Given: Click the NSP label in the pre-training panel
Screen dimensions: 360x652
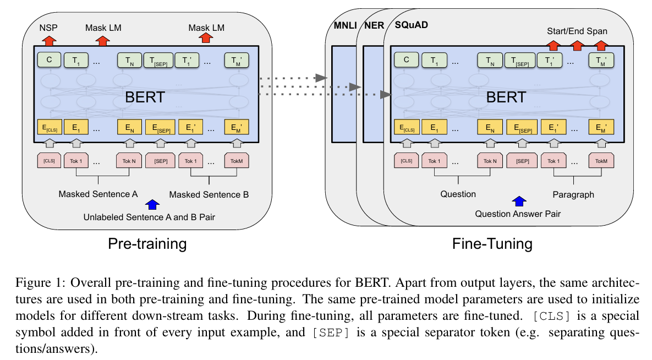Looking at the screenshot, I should (x=49, y=27).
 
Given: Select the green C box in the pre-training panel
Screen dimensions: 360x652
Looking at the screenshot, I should (x=49, y=59).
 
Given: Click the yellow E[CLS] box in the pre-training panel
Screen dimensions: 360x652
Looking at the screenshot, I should (x=49, y=128).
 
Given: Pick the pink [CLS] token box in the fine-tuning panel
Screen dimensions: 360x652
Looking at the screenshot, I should (x=406, y=161).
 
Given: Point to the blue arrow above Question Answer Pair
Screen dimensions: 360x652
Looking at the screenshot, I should (x=518, y=201).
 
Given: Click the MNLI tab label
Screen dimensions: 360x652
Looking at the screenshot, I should (x=345, y=26).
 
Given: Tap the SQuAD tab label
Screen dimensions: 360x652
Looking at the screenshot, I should (x=411, y=26).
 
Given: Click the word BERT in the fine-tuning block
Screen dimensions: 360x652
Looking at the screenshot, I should (x=506, y=97).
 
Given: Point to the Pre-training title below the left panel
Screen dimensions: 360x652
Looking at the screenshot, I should (x=147, y=243).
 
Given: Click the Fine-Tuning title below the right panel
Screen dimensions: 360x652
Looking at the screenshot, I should (x=492, y=243).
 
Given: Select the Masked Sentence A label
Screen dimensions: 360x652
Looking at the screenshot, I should (x=98, y=194).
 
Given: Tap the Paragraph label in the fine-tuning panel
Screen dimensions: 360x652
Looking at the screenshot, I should (x=573, y=194).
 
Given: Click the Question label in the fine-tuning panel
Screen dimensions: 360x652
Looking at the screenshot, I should (x=458, y=194).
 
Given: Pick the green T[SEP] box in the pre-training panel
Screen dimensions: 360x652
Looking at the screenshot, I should (x=158, y=59).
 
